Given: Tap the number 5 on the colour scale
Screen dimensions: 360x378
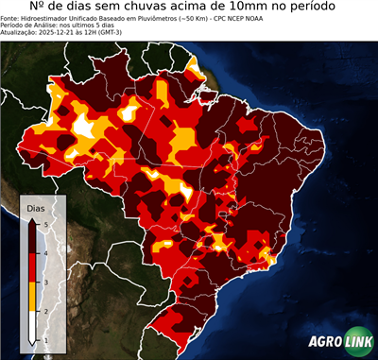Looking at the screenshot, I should pyautogui.click(x=44, y=223).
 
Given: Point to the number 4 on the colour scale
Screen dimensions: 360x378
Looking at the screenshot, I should pyautogui.click(x=44, y=252).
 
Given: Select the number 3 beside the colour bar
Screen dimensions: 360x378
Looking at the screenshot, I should pyautogui.click(x=44, y=282).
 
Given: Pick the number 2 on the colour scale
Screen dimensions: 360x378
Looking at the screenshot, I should pyautogui.click(x=44, y=311).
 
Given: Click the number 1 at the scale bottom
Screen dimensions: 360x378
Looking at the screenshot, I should pyautogui.click(x=44, y=339).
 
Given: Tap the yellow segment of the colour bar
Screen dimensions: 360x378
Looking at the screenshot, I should pyautogui.click(x=32, y=296).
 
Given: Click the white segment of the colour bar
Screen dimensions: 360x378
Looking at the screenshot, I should pyautogui.click(x=32, y=325).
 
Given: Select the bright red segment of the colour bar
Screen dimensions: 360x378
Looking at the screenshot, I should pyautogui.click(x=32, y=266).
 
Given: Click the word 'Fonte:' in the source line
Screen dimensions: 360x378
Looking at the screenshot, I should pyautogui.click(x=13, y=18).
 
